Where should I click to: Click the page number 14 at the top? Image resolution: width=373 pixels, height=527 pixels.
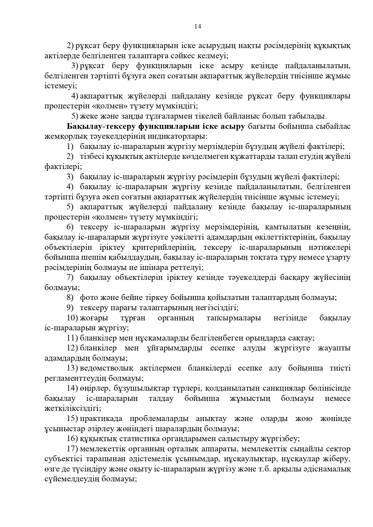[197, 26]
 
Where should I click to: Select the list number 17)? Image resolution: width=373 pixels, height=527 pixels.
[72, 449]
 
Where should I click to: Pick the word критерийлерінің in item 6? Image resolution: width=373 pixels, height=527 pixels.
[164, 247]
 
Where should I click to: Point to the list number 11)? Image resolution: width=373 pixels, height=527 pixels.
[72, 338]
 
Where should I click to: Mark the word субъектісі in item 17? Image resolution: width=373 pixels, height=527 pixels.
[63, 459]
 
